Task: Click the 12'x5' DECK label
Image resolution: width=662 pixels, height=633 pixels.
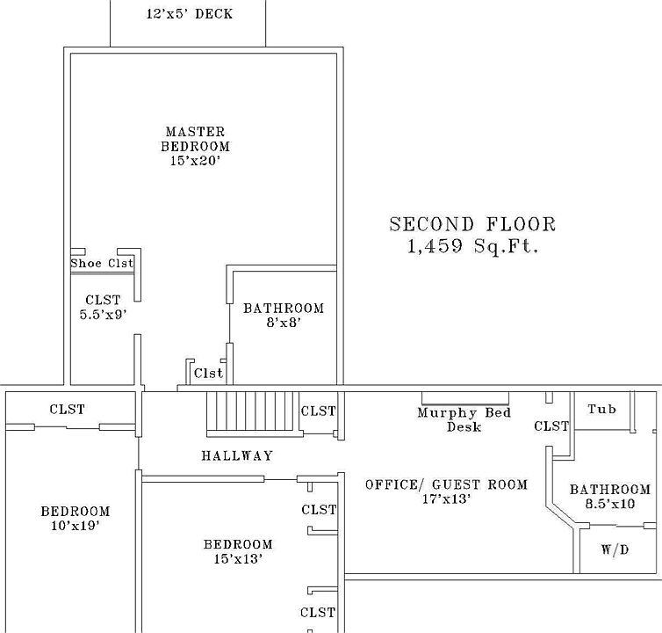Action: [190, 14]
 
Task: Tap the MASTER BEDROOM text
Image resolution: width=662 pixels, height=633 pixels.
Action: [195, 139]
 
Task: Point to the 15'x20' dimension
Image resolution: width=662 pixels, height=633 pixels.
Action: [195, 161]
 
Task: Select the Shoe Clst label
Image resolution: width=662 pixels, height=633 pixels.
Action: [102, 263]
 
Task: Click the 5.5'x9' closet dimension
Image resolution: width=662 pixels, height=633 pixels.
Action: [103, 314]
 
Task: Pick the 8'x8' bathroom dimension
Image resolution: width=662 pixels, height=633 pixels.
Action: [284, 323]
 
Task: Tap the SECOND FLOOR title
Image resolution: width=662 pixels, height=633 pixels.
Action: [472, 224]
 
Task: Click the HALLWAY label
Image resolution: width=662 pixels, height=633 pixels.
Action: [236, 455]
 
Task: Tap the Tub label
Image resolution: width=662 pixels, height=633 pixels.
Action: [601, 409]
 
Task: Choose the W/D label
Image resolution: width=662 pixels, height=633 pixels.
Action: [615, 549]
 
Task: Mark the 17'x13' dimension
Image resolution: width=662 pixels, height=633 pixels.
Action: [446, 498]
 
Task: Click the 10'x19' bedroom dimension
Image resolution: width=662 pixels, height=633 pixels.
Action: [75, 526]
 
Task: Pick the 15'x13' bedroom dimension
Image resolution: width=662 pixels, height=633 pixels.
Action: [238, 558]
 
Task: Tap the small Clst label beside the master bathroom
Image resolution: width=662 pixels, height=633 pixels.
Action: [208, 373]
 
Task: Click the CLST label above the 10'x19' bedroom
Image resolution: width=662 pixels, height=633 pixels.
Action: [67, 409]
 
